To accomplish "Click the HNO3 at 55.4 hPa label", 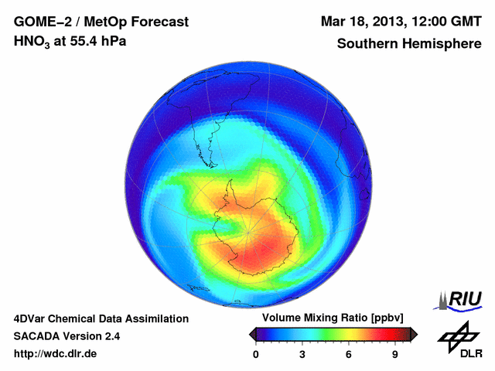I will [70, 41].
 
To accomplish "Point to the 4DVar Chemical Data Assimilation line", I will [101, 318].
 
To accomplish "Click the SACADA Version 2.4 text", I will [67, 336].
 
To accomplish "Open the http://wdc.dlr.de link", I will [56, 354].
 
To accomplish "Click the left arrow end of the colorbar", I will [252, 334].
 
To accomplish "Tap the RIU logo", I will [461, 299].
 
